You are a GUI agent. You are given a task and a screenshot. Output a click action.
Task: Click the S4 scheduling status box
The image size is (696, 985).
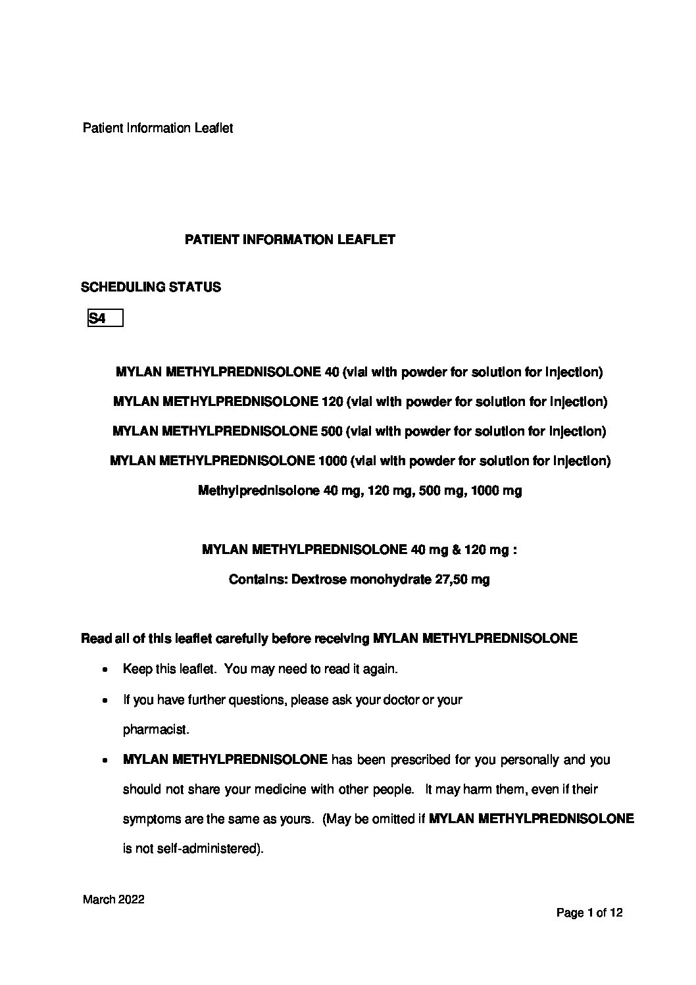105,318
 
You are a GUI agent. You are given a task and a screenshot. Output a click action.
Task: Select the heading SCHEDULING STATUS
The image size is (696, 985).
151,288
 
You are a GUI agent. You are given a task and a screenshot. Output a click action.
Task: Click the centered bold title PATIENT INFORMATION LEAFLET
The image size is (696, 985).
290,240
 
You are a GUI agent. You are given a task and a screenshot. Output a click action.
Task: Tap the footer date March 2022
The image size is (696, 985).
113,900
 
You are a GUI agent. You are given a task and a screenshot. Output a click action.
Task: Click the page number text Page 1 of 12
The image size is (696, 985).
589,913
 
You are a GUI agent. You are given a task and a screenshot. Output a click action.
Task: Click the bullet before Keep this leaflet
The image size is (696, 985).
105,670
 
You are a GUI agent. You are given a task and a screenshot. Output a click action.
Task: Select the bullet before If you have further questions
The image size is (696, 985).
105,700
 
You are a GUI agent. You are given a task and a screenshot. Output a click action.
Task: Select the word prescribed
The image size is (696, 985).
419,760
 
